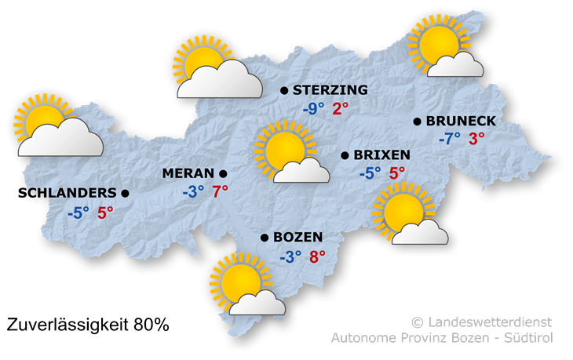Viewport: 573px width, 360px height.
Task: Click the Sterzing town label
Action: coord(330,90)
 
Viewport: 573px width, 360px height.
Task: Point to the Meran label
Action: coord(188,173)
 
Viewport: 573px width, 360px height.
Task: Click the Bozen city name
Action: coord(299,237)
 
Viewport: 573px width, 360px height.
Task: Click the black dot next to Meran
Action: coord(223,173)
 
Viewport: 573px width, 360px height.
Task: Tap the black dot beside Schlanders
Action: coord(125,192)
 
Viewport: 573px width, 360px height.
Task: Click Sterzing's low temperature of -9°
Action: coord(313,109)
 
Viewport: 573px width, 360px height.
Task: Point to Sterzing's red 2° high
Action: coord(341,109)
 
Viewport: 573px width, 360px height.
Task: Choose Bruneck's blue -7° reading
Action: coord(449,139)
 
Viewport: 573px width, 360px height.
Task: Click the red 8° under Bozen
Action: coord(317,256)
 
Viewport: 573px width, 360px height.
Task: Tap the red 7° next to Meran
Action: coord(220,191)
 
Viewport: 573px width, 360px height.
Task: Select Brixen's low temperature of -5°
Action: coord(370,173)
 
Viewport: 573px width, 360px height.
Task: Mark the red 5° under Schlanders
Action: coord(105,212)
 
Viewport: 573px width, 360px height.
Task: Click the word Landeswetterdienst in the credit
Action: coord(489,322)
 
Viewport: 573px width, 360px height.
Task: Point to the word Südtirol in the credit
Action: coord(531,338)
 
